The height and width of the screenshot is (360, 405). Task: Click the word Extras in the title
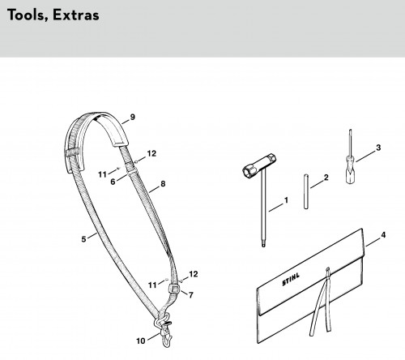(x=76, y=15)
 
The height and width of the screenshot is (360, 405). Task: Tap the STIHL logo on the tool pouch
(x=291, y=279)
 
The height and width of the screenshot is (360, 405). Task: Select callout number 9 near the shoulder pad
(x=132, y=117)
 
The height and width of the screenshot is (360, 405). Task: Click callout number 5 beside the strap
(x=83, y=239)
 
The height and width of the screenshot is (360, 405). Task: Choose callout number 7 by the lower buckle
(x=191, y=295)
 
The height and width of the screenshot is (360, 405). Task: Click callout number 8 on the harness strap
(x=163, y=184)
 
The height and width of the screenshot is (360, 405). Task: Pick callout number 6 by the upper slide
(x=113, y=182)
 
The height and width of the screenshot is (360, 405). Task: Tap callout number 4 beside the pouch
(x=383, y=235)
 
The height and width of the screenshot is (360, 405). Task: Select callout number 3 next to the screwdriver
(x=378, y=148)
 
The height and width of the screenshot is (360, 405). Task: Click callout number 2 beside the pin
(x=326, y=178)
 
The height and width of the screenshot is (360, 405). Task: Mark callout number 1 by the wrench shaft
(x=286, y=200)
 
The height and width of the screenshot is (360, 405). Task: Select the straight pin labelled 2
(x=306, y=191)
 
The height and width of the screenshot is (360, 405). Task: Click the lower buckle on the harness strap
(x=174, y=288)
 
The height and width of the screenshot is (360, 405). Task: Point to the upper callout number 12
(x=151, y=153)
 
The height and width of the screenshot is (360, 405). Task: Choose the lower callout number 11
(x=152, y=285)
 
